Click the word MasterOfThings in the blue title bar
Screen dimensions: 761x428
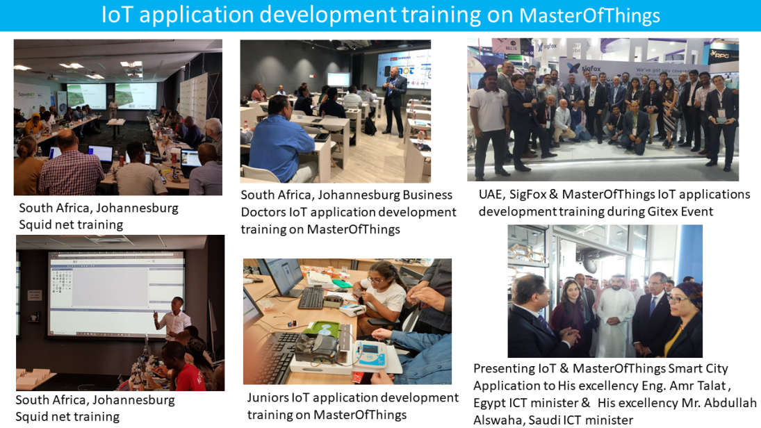pyautogui.click(x=589, y=15)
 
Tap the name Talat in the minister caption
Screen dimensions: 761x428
pyautogui.click(x=711, y=386)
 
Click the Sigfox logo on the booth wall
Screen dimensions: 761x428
pyautogui.click(x=585, y=68)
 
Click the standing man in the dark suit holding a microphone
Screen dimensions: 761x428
pyautogui.click(x=395, y=100)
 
